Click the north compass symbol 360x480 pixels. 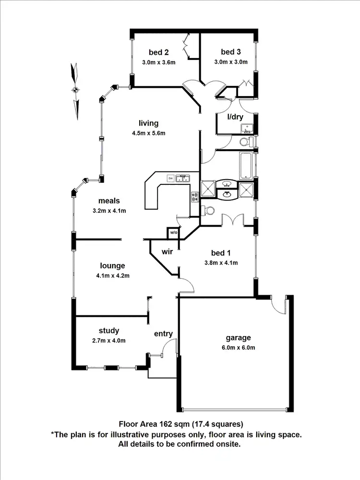(x=75, y=89)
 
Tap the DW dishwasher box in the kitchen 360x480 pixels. (x=170, y=179)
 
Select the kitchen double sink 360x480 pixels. (x=183, y=179)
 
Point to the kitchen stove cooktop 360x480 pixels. (x=195, y=196)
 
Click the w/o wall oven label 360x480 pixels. (x=173, y=233)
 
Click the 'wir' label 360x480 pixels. (x=167, y=252)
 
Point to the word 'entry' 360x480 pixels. (x=163, y=334)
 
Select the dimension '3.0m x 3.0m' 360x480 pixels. (x=231, y=62)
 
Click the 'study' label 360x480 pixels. (x=109, y=331)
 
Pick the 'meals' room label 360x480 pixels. (x=109, y=201)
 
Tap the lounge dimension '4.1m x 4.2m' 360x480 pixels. (x=113, y=276)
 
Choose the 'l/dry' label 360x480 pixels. (x=236, y=117)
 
